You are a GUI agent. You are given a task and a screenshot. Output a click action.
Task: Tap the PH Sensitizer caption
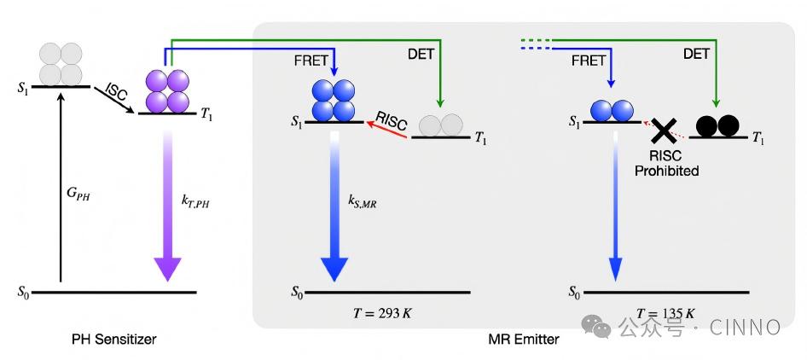[114, 340]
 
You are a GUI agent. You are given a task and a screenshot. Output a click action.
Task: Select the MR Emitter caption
[523, 340]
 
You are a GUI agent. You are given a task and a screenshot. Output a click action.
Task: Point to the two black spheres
[717, 125]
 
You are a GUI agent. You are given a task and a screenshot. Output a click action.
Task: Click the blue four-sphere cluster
[332, 101]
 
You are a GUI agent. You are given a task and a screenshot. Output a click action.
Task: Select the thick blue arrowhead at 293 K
[334, 267]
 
